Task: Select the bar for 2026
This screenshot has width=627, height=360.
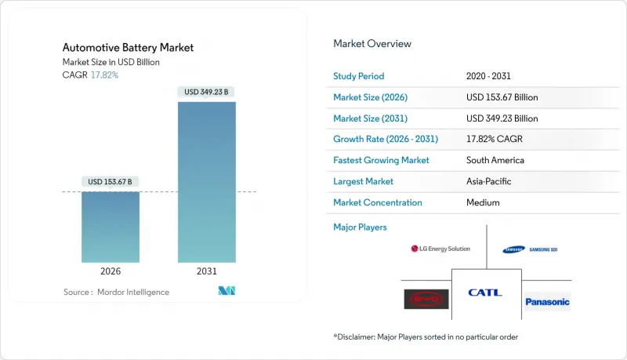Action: (x=111, y=227)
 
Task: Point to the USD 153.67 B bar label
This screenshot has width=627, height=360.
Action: (x=111, y=182)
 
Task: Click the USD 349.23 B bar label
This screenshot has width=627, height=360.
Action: (x=207, y=92)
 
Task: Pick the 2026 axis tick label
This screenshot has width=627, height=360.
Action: (x=111, y=271)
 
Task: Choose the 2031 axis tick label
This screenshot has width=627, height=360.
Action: (x=208, y=271)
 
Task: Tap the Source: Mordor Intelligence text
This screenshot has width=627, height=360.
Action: (x=116, y=292)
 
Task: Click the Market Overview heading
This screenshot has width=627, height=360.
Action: (x=372, y=44)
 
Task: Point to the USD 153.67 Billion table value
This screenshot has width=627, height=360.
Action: (x=502, y=97)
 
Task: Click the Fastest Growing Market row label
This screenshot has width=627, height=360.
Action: (x=381, y=160)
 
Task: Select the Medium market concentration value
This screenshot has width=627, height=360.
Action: (x=483, y=202)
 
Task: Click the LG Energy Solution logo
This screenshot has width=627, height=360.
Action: (x=440, y=249)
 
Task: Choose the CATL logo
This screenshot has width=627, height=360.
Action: (x=485, y=293)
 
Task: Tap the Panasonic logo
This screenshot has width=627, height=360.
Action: (x=548, y=301)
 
